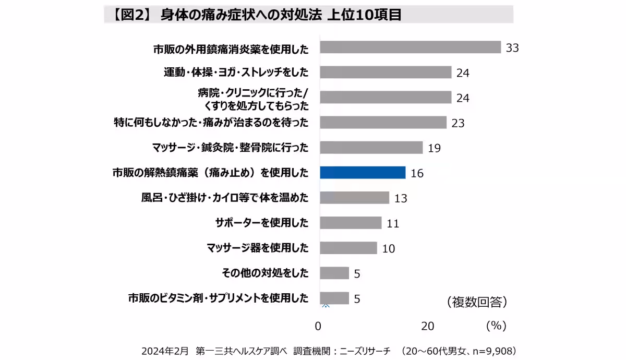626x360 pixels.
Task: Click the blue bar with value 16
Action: pyautogui.click(x=363, y=173)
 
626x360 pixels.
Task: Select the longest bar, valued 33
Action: pyautogui.click(x=410, y=47)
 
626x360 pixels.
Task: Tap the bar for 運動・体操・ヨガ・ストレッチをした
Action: pyautogui.click(x=386, y=72)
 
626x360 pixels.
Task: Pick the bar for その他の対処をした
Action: pyautogui.click(x=334, y=273)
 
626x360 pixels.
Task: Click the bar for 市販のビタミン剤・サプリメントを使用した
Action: pyautogui.click(x=334, y=298)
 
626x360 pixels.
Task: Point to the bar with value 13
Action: pyautogui.click(x=354, y=198)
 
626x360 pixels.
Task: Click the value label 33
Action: pyautogui.click(x=512, y=48)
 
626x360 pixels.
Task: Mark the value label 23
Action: pyautogui.click(x=458, y=124)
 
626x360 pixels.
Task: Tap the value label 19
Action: pyautogui.click(x=434, y=148)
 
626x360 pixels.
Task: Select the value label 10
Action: pyautogui.click(x=389, y=248)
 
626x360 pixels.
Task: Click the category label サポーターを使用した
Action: pyautogui.click(x=262, y=223)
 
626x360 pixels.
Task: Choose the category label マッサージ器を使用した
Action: pyautogui.click(x=257, y=248)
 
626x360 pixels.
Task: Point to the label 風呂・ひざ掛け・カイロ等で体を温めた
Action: pyautogui.click(x=225, y=198)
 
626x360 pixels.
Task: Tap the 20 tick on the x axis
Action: pyautogui.click(x=428, y=326)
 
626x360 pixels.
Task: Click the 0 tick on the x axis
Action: pyautogui.click(x=318, y=326)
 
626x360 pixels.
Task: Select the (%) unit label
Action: pyautogui.click(x=496, y=326)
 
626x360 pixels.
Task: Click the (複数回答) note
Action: pyautogui.click(x=477, y=302)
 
